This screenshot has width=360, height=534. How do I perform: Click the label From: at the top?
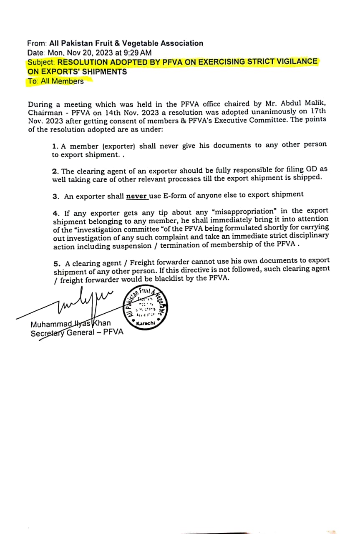point(37,43)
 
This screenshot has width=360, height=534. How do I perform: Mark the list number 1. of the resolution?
point(55,146)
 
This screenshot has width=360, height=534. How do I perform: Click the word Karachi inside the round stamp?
point(146,322)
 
